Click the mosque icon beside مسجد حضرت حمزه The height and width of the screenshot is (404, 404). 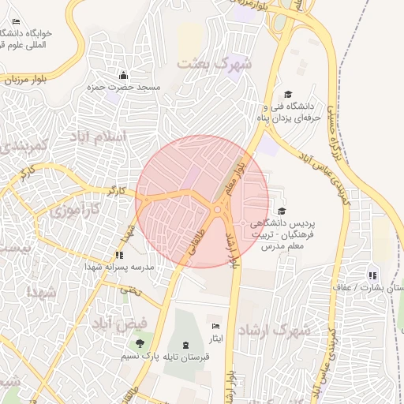[123, 76]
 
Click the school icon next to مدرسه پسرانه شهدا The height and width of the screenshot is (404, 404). [119, 255]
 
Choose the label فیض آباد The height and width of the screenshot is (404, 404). [119, 324]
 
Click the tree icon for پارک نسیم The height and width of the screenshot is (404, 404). [140, 343]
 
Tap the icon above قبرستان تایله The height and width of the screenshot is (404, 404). [185, 345]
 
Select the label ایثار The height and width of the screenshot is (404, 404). [216, 338]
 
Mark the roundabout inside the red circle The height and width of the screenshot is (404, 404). [218, 209]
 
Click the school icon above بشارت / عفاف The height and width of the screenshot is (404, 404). [372, 275]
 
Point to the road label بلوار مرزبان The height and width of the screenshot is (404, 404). [22, 80]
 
